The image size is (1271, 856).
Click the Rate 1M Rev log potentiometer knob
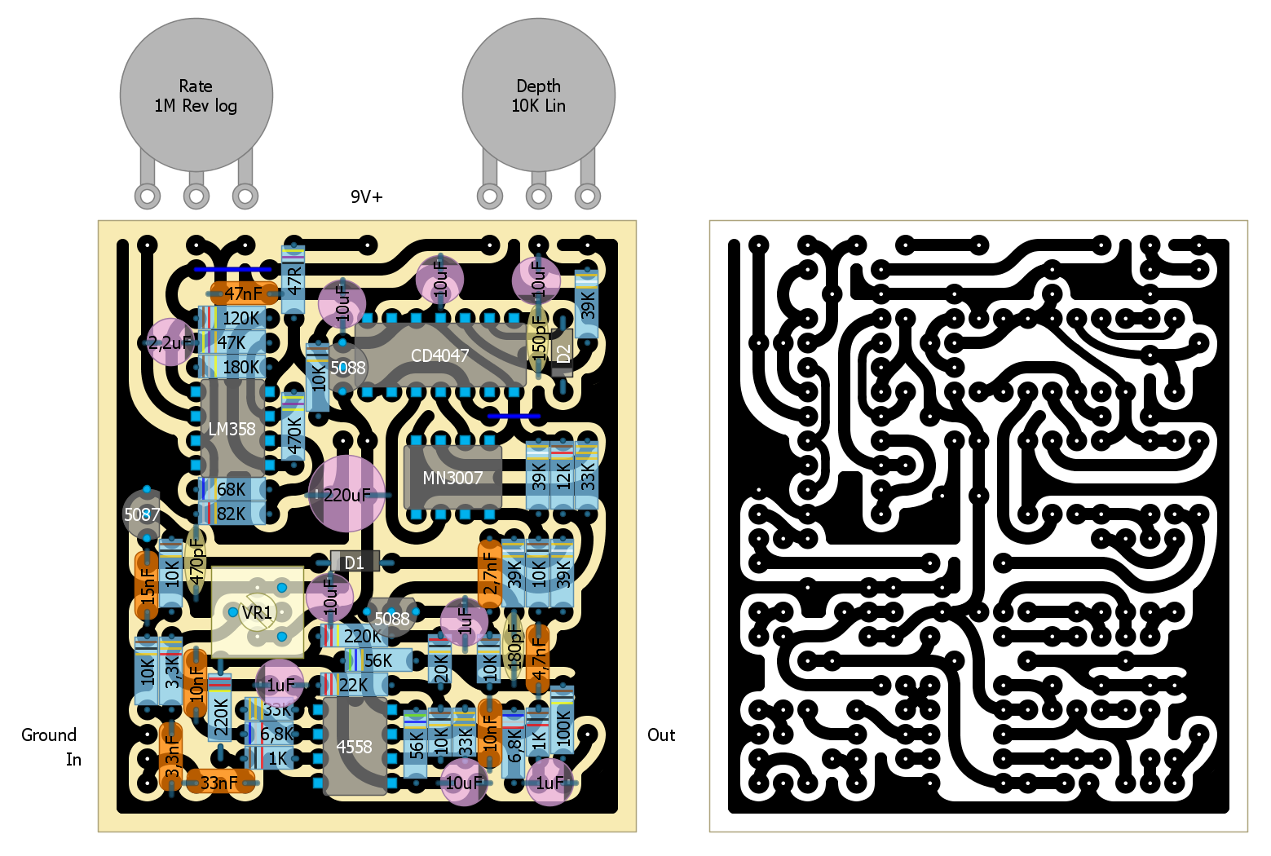[196, 95]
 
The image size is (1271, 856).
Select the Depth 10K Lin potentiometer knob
[538, 95]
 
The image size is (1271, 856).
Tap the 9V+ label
[366, 197]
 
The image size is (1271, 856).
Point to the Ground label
[49, 735]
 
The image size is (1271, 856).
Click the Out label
[661, 735]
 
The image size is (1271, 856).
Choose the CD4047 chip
[440, 355]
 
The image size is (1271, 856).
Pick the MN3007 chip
[452, 478]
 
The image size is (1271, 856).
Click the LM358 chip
[232, 429]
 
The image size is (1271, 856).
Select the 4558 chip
[355, 747]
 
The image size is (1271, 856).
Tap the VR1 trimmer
[257, 611]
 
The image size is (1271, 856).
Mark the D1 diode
[355, 563]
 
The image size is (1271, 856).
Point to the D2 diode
[563, 354]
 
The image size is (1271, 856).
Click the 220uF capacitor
[346, 494]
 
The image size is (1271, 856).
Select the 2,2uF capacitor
[170, 342]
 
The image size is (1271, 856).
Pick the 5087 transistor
[142, 514]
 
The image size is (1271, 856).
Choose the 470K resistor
[293, 434]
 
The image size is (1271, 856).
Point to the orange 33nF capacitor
[218, 783]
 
